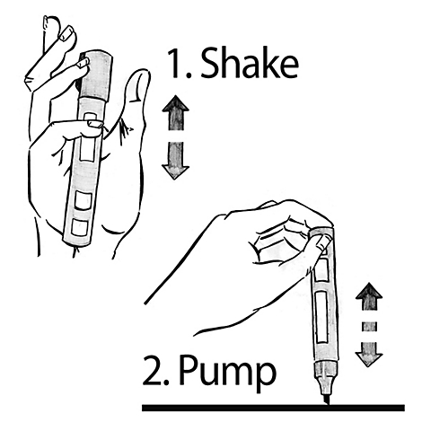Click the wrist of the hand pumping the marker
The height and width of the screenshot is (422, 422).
[180, 296]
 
